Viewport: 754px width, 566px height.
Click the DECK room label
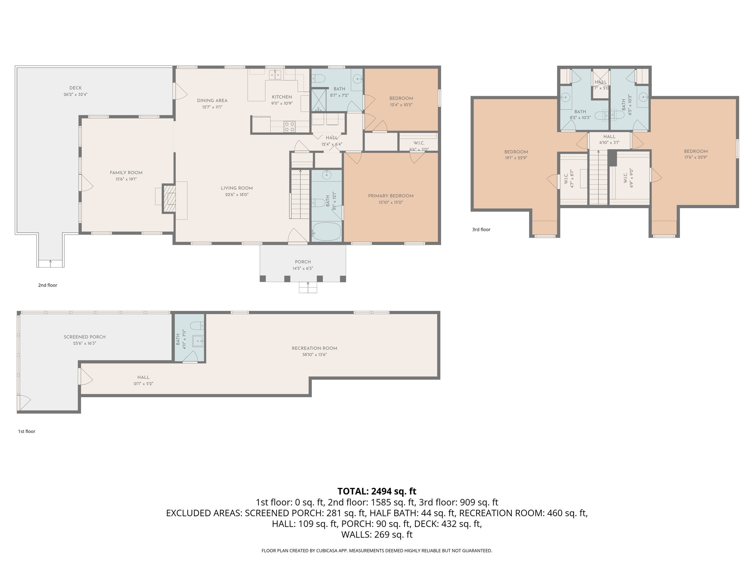(75, 88)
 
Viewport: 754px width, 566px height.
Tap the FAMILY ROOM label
(126, 172)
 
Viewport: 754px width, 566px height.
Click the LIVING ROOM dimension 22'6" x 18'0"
(237, 195)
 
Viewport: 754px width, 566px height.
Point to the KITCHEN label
(282, 97)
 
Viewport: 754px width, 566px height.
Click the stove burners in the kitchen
(289, 127)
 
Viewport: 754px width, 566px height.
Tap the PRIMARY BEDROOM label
(391, 196)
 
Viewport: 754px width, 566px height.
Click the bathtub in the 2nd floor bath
(327, 231)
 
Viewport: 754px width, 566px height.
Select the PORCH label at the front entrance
(303, 262)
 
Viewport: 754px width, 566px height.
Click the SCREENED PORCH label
(85, 337)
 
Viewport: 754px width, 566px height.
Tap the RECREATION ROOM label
(314, 348)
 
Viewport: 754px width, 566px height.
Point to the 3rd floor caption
(481, 230)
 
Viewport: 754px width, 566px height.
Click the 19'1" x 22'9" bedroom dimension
(516, 158)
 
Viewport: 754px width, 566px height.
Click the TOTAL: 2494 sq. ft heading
(377, 491)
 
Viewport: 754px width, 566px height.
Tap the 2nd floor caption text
(47, 285)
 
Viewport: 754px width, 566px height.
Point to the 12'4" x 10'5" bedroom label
(401, 98)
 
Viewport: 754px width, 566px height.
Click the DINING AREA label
(212, 101)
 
